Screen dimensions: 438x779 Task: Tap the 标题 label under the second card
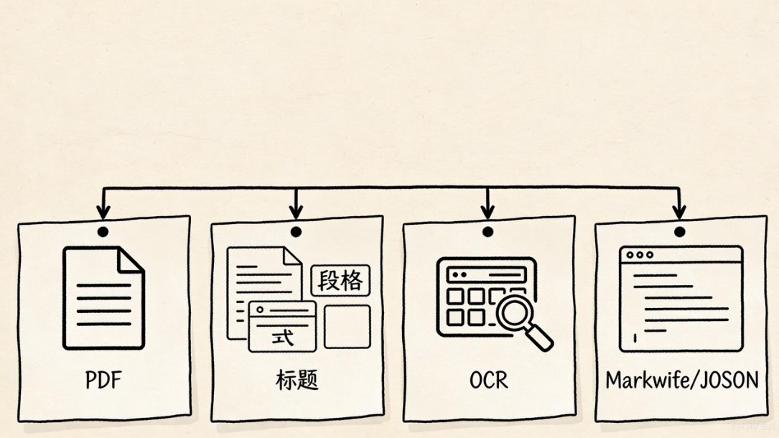point(296,380)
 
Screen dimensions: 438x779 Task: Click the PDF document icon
point(103,298)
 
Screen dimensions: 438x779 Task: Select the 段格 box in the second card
point(340,281)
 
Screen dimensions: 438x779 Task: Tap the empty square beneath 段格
point(347,327)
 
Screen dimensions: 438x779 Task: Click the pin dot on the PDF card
point(103,232)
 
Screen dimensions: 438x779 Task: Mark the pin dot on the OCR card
point(488,232)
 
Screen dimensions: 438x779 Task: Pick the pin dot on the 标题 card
point(296,232)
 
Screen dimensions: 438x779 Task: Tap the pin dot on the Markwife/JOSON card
point(680,232)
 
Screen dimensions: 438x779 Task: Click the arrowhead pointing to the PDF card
point(103,212)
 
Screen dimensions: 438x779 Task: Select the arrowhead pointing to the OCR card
point(488,212)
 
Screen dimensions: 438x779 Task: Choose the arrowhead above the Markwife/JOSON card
point(680,212)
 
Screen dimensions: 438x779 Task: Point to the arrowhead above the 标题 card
point(296,212)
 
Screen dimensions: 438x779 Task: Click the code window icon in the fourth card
point(681,298)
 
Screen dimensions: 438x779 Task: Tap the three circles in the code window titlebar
point(640,255)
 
